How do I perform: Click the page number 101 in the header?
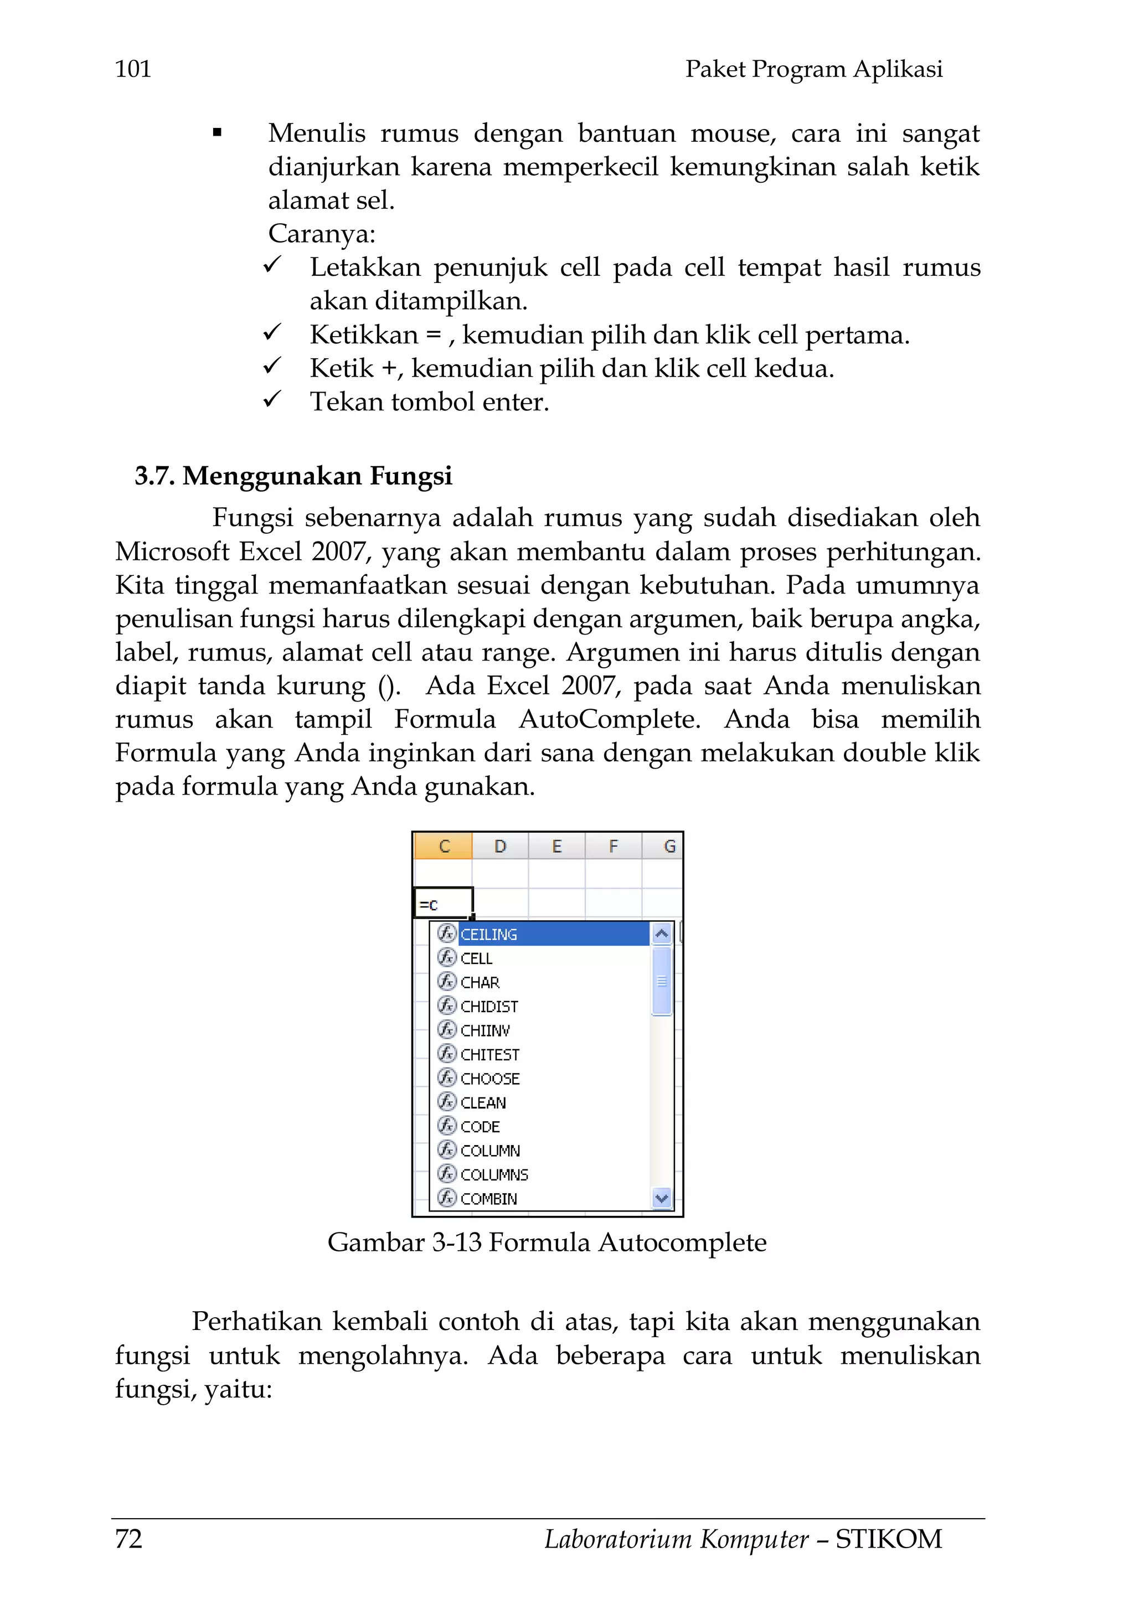(x=132, y=69)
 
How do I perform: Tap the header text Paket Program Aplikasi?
(x=813, y=69)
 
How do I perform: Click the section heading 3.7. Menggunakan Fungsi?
(x=293, y=476)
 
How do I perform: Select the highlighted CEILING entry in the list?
(x=489, y=934)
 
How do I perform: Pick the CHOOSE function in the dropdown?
(x=490, y=1079)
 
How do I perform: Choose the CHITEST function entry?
(x=490, y=1055)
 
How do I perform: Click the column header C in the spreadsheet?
(x=444, y=847)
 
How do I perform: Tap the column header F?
(x=614, y=847)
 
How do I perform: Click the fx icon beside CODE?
(x=446, y=1126)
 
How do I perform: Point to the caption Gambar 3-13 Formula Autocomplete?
(x=547, y=1242)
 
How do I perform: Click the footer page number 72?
(x=129, y=1539)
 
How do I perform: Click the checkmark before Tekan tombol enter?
(x=272, y=400)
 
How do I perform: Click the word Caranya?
(x=322, y=233)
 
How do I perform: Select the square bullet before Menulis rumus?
(x=217, y=132)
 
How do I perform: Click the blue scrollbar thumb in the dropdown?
(x=661, y=981)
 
